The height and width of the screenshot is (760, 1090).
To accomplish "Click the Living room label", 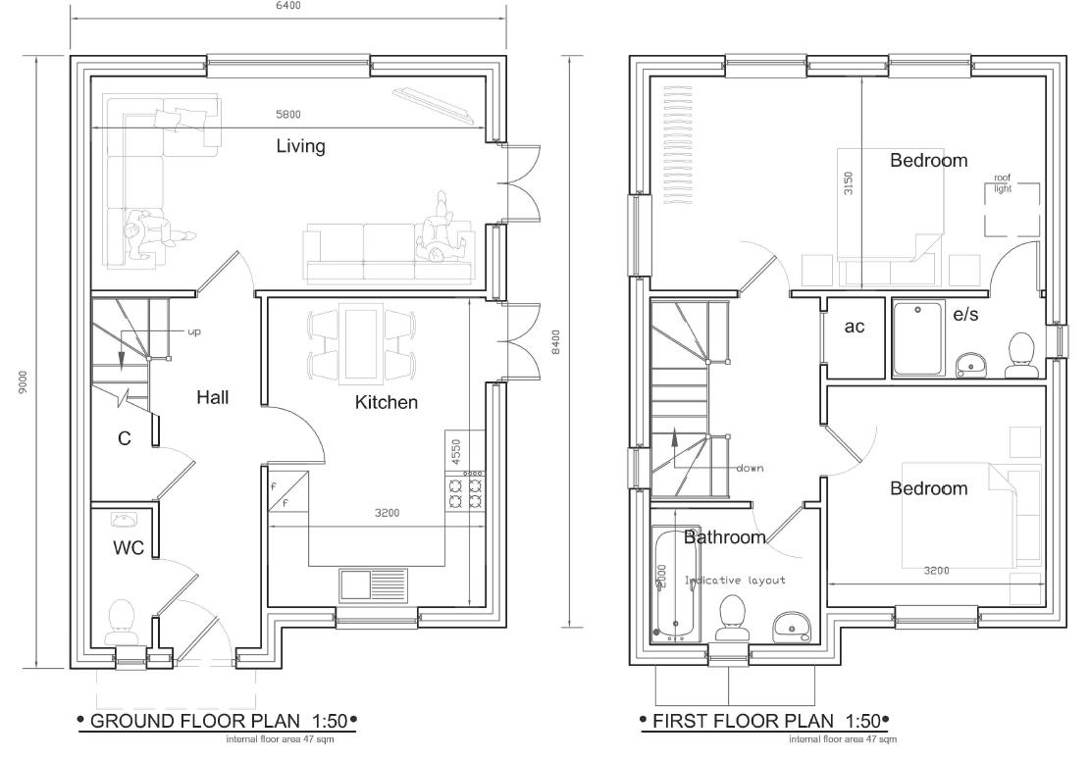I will coord(300,147).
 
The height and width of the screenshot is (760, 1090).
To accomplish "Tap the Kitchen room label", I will coord(386,402).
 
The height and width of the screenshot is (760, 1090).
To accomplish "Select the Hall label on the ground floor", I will coord(212,397).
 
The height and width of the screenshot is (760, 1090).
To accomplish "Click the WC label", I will coord(129,548).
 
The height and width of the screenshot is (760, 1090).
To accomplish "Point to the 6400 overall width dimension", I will coord(286,6).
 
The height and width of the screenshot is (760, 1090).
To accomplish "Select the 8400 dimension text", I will coord(555,343).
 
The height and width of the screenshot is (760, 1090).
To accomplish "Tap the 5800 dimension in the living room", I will coord(288,115).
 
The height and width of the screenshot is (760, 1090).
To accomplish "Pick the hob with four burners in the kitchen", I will coord(466,489).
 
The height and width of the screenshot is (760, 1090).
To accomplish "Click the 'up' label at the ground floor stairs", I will coord(193,332).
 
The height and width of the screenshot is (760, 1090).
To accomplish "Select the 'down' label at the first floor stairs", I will coord(750,468).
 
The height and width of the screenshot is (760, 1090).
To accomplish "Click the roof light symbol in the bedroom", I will coord(1012,208).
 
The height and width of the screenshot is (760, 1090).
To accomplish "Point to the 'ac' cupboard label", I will coord(855,327).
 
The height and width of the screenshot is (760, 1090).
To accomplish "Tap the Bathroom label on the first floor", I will coord(724,537).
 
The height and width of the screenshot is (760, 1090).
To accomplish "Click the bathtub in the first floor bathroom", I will coord(676,584).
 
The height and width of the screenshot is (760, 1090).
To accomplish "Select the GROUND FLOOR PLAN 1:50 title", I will coord(216,722).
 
